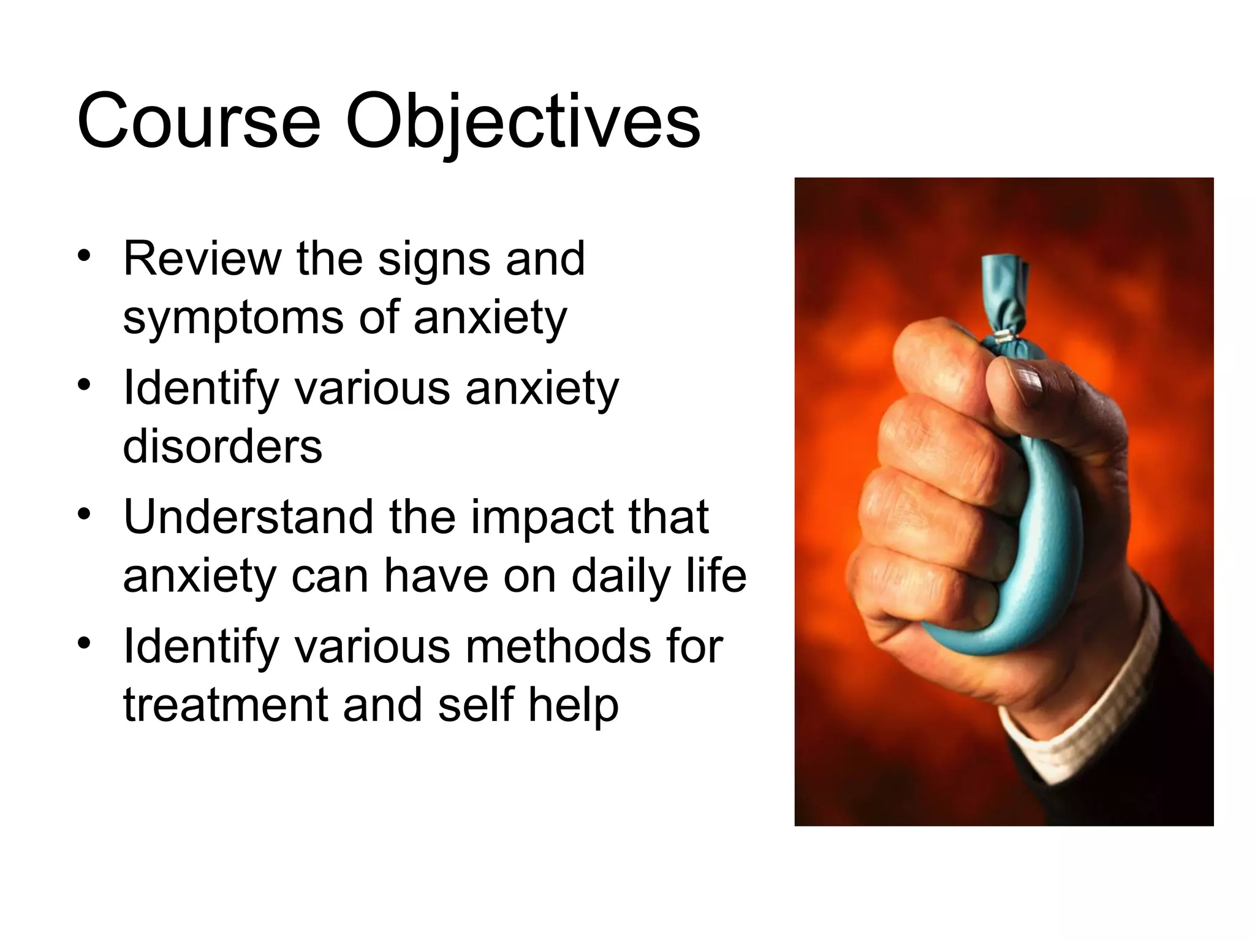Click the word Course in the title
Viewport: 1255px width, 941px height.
199,121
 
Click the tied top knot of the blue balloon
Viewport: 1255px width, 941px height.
1004,288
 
